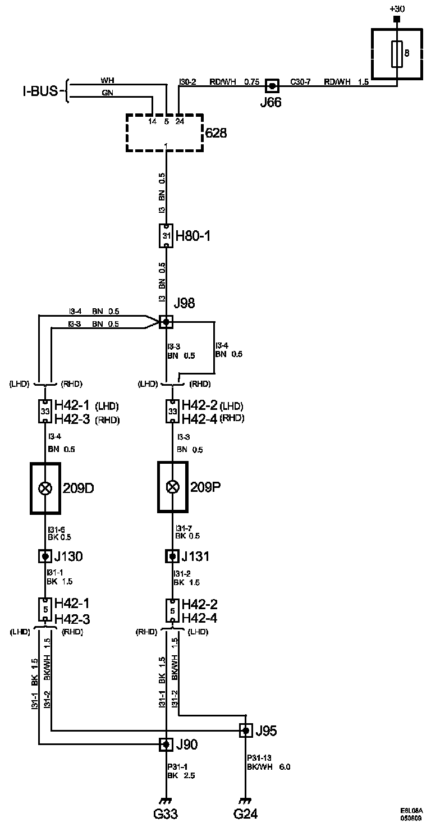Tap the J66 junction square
click(x=272, y=86)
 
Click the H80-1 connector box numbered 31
click(x=166, y=236)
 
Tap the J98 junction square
click(x=166, y=322)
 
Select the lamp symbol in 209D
click(x=45, y=488)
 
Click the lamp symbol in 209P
click(x=172, y=488)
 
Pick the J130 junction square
click(x=45, y=556)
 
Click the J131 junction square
click(x=172, y=556)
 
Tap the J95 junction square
click(x=245, y=730)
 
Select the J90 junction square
click(x=166, y=745)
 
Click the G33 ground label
click(x=166, y=813)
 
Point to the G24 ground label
click(x=245, y=813)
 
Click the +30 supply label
click(x=397, y=8)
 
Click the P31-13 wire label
click(x=258, y=757)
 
